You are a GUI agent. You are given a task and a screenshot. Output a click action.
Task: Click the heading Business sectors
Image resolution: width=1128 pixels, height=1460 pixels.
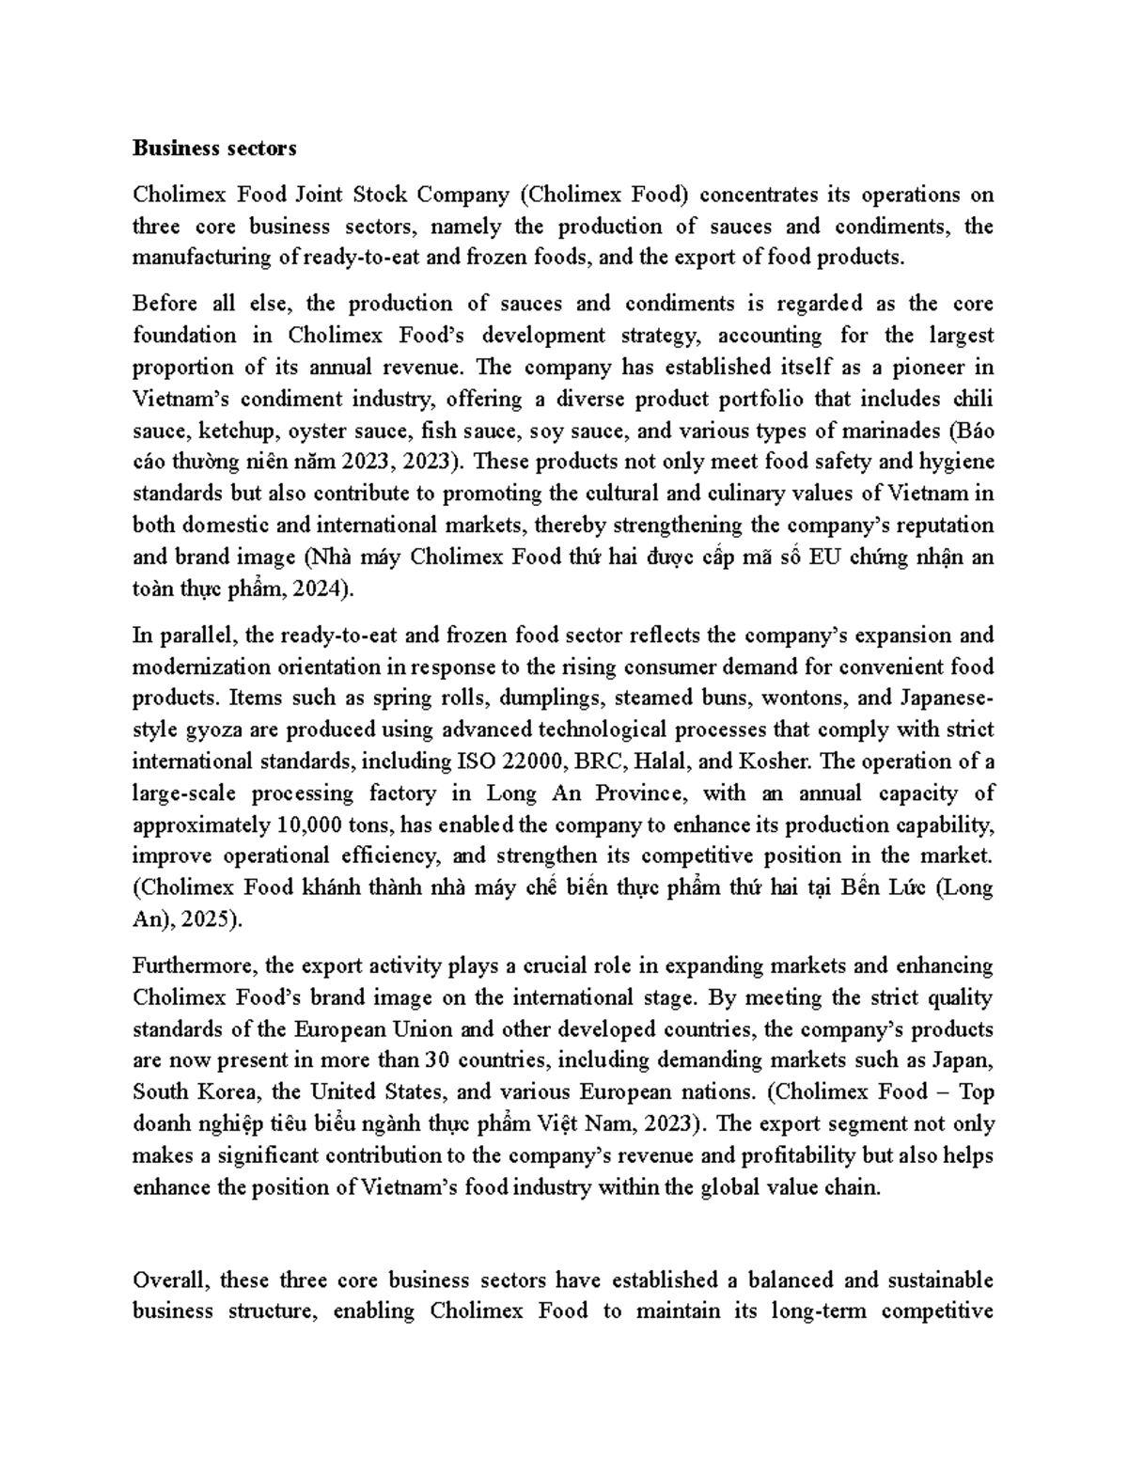click(x=214, y=148)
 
